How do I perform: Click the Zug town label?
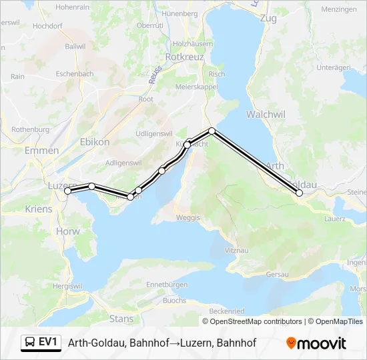pos(268,18)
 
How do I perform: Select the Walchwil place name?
pos(266,114)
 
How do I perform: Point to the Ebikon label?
pos(94,141)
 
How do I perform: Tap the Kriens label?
pos(37,209)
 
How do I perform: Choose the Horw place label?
pos(68,231)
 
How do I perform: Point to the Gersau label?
pos(277,274)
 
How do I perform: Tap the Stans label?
pos(121,319)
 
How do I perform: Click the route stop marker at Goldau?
pos(299,193)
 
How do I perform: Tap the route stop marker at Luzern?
pos(67,191)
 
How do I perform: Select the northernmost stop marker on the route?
pos(212,130)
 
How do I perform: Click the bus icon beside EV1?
pos(31,343)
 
